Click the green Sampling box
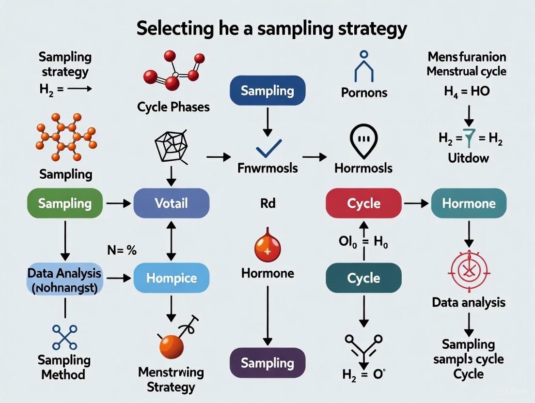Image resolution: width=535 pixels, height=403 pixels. [x=65, y=203]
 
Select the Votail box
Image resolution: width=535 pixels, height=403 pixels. [x=171, y=203]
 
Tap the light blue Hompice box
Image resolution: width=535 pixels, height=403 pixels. [x=171, y=278]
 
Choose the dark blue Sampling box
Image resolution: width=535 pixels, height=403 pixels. [x=267, y=91]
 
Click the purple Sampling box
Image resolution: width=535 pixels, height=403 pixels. [x=267, y=363]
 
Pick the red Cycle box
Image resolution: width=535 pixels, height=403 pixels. [x=363, y=203]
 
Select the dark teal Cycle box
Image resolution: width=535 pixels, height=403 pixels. [x=363, y=278]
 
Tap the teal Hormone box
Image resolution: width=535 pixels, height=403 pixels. [x=469, y=203]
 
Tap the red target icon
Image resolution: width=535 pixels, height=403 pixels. [x=468, y=269]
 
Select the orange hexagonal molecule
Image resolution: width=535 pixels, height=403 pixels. [x=66, y=137]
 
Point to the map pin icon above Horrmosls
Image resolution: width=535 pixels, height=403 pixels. [x=363, y=141]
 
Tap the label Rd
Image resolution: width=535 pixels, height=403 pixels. [x=267, y=203]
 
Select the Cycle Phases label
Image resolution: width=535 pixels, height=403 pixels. [x=173, y=107]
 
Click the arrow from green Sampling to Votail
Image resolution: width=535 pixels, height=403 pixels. [x=118, y=203]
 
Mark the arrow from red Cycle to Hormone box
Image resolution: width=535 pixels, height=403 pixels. [x=416, y=203]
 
